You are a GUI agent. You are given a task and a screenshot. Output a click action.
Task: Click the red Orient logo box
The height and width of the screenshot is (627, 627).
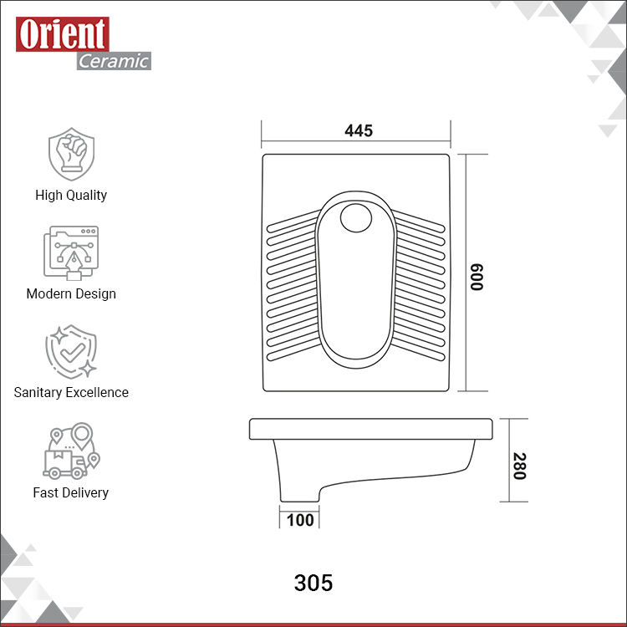[63, 34]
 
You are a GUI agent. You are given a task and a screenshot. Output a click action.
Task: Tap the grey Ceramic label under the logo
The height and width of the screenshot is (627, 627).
[114, 61]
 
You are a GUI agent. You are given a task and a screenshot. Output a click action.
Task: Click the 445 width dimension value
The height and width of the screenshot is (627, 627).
[359, 130]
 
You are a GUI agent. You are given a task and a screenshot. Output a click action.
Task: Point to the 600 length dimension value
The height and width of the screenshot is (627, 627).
[477, 277]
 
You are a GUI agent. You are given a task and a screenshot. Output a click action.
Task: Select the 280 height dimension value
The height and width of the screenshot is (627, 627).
[519, 466]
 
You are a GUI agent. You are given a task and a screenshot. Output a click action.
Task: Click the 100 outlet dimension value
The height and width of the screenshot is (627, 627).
[300, 520]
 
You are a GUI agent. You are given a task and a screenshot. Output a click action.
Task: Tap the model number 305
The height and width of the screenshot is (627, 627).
[313, 583]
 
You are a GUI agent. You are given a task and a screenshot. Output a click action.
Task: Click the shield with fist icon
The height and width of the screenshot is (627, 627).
[72, 154]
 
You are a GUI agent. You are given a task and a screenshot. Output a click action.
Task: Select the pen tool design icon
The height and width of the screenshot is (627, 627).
[71, 252]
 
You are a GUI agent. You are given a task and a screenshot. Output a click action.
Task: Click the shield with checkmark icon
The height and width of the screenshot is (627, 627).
[71, 351]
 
